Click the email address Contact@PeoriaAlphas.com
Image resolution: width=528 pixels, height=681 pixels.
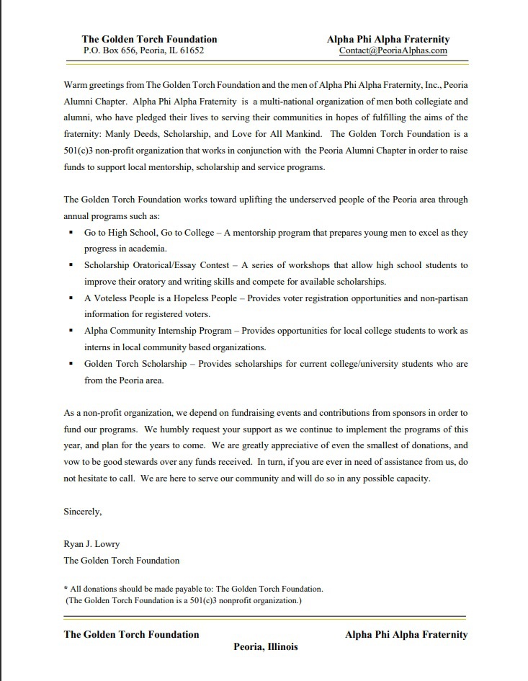click(393, 51)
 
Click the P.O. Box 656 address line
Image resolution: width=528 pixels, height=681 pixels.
click(143, 51)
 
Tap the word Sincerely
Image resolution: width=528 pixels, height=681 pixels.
click(83, 512)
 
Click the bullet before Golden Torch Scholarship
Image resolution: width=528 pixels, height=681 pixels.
click(71, 364)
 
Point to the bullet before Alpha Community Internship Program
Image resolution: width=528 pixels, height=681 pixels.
click(71, 331)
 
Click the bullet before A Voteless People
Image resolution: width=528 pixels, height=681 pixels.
click(71, 298)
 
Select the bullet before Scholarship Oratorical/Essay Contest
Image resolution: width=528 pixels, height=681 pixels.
click(71, 266)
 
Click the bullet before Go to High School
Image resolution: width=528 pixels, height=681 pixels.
click(71, 233)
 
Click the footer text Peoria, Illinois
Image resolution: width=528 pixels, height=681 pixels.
click(265, 646)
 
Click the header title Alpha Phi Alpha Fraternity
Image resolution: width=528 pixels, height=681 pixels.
click(388, 40)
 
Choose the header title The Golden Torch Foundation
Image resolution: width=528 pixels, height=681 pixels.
click(149, 40)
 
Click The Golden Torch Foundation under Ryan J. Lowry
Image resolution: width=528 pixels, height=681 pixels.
click(122, 560)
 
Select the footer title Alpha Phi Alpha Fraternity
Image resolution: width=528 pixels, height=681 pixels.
click(406, 635)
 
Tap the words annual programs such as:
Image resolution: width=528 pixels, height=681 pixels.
click(112, 216)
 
